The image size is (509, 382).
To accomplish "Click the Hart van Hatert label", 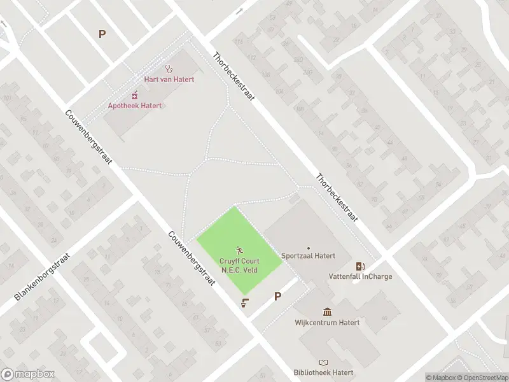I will coord(169,80).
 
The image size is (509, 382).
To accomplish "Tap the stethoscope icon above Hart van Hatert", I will coord(169,68).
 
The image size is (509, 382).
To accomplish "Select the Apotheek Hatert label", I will coord(135,106).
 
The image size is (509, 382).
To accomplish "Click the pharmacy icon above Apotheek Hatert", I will coord(135,95).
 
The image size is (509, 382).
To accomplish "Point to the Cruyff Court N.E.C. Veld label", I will coord(239,265).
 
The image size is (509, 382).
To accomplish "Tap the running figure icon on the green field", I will coord(239,250).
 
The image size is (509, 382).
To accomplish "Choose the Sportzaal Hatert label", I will coord(309,257).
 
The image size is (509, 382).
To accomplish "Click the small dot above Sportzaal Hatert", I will coord(309,248).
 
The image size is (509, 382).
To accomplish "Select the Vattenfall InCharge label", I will coord(360,276).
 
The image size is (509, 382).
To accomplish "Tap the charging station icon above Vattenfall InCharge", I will coord(360,266).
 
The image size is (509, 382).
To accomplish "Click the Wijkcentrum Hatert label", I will coord(327,322).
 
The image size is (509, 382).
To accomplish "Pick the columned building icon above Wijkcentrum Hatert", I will coord(327,311).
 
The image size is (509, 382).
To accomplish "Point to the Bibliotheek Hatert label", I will coord(323,372).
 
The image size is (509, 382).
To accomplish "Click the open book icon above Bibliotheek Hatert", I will coord(323,362).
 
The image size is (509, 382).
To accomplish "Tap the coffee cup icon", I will coord(244,303).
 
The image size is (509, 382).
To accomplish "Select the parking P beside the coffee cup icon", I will coord(277,296).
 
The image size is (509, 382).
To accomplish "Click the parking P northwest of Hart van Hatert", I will coord(102,34).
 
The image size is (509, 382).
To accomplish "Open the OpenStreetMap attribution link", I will coord(482,378).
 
